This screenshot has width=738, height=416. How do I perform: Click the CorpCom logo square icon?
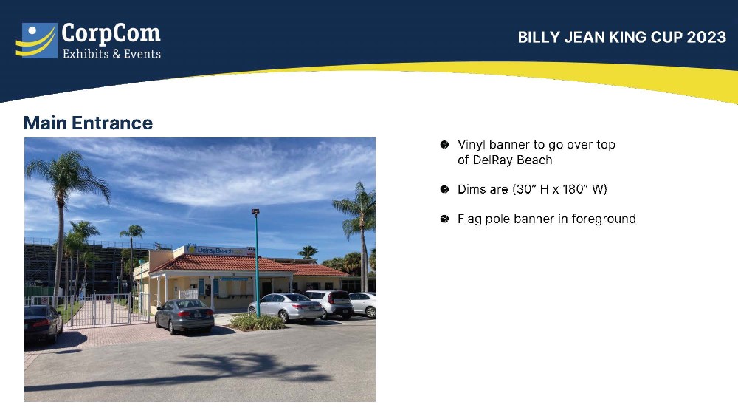pos(37,41)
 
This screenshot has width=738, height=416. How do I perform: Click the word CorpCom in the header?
pos(111,34)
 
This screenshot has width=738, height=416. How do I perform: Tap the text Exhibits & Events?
pos(111,54)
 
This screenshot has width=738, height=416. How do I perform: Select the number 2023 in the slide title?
pos(706,37)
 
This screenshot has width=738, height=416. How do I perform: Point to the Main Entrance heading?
pos(88,123)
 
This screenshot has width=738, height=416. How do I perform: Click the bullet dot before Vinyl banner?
pos(444,144)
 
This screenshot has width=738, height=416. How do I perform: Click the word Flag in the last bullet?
pos(469,219)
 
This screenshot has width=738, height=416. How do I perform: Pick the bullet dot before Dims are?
pos(444,189)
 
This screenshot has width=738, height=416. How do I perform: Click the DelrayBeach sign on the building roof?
pos(216,250)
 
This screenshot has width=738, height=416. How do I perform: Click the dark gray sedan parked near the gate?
pos(184,316)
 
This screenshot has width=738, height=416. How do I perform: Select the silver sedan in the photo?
pos(285,307)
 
